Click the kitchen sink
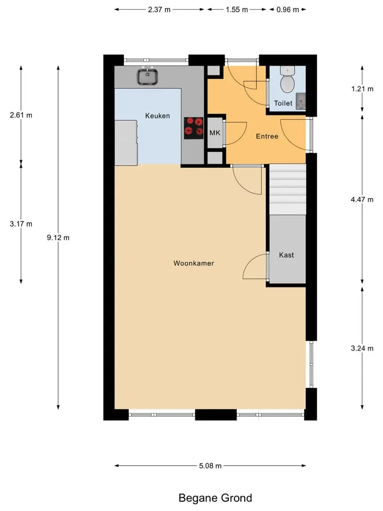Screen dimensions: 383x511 click(x=147, y=76)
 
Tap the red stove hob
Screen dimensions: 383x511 click(x=194, y=128)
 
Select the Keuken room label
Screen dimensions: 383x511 click(x=157, y=116)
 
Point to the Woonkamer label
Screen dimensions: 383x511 click(x=194, y=263)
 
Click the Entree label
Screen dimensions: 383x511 click(x=267, y=136)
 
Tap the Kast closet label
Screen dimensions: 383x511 click(x=286, y=255)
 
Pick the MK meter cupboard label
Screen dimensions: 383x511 click(x=214, y=133)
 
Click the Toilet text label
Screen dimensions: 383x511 click(x=283, y=103)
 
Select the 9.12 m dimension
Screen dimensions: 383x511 click(x=58, y=237)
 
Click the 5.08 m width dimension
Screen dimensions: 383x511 click(x=210, y=466)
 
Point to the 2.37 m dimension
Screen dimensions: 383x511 click(x=159, y=10)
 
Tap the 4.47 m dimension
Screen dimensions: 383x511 click(x=362, y=199)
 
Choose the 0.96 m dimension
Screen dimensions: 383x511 click(x=288, y=10)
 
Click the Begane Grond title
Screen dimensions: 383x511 click(x=215, y=498)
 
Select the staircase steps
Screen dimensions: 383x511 click(x=288, y=189)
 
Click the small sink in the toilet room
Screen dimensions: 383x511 click(x=301, y=101)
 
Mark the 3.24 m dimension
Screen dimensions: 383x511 click(x=362, y=348)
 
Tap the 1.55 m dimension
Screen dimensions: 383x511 click(x=237, y=10)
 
